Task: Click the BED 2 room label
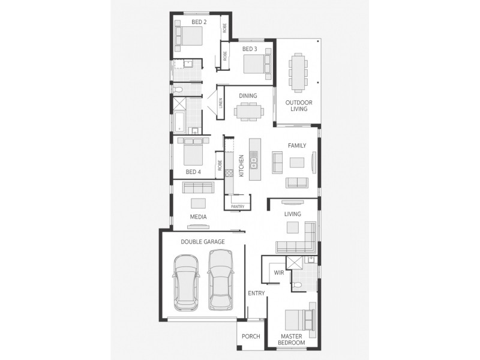click(x=199, y=22)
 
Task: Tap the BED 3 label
click(x=250, y=49)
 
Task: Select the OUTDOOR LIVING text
click(x=298, y=106)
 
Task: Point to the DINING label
click(x=248, y=95)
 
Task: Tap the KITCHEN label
click(x=241, y=165)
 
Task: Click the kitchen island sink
click(x=254, y=160)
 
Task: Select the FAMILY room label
click(x=296, y=145)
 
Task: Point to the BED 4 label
click(x=193, y=172)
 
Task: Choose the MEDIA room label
click(x=198, y=217)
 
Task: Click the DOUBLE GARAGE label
click(x=203, y=242)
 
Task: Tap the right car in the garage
click(x=220, y=280)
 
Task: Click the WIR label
click(x=278, y=272)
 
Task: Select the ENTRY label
click(x=256, y=293)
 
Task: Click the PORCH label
click(x=251, y=336)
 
